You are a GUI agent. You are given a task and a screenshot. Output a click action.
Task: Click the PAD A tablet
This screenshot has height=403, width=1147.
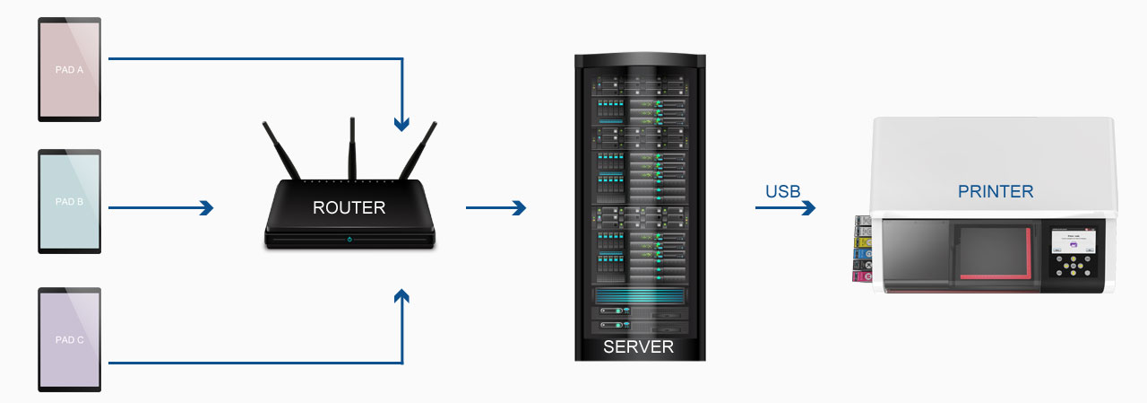click(x=69, y=70)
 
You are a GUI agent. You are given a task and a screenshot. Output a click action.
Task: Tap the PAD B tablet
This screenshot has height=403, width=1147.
click(x=69, y=203)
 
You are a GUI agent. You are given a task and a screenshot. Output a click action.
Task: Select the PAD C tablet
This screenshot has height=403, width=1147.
click(x=69, y=339)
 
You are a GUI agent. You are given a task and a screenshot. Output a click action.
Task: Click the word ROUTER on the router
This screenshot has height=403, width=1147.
click(x=349, y=208)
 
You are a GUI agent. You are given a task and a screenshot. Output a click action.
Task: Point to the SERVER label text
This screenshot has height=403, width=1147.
click(x=638, y=347)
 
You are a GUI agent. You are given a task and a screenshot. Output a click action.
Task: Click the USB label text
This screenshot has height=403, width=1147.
click(x=782, y=191)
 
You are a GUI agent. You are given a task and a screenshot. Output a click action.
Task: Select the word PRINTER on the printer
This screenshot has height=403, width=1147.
click(x=995, y=191)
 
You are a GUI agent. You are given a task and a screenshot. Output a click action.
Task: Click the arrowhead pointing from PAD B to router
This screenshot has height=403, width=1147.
click(x=207, y=208)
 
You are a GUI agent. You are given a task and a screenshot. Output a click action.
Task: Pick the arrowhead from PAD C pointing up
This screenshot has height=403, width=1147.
click(x=403, y=297)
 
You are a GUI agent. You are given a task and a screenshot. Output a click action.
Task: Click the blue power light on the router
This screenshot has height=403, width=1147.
click(x=349, y=240)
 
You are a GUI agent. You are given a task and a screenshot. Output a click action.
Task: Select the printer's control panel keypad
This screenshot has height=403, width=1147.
click(x=1073, y=267)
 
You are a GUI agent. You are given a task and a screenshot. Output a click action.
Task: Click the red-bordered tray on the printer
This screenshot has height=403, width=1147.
click(x=996, y=252)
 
